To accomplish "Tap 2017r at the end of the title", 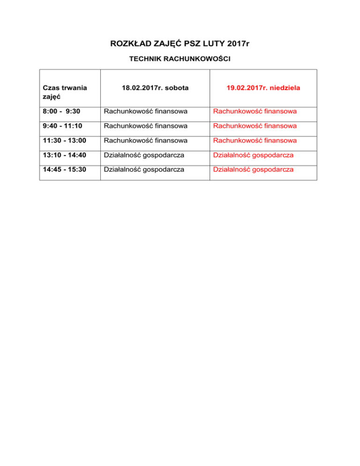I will (237, 44).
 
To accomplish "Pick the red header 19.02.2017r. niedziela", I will (263, 87).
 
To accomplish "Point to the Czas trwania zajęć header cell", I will (65, 91).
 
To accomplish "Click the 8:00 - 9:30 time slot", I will (59, 112).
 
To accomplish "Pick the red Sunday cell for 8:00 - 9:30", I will (255, 112).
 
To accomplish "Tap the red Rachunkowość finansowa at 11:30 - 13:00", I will (255, 141).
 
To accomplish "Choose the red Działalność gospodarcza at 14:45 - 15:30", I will (254, 169).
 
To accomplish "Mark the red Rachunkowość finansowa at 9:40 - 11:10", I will (255, 126).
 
